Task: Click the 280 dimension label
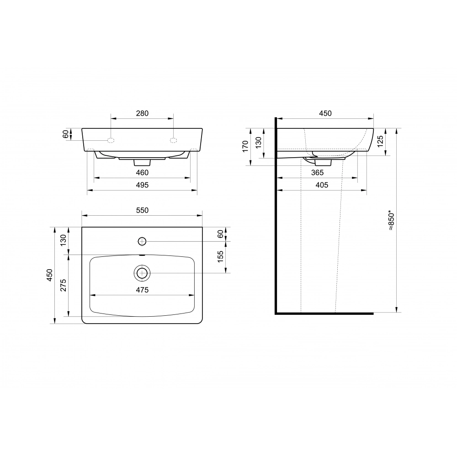(x=142, y=113)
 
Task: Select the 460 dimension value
(x=142, y=173)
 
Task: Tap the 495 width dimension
(x=142, y=185)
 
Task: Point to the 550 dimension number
(x=142, y=210)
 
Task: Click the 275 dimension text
(x=64, y=285)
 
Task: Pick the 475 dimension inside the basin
(x=142, y=290)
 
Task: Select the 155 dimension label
(x=220, y=257)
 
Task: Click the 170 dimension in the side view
(x=245, y=146)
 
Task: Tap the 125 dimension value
(x=380, y=141)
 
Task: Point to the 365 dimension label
(x=318, y=173)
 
